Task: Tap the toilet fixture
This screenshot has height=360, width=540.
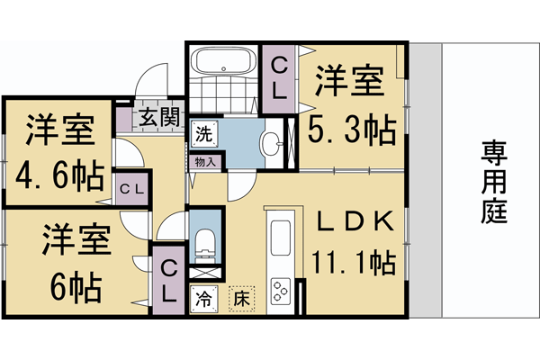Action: click(205, 241)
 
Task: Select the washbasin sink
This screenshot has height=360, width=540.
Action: click(271, 143)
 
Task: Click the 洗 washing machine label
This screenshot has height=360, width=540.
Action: click(204, 136)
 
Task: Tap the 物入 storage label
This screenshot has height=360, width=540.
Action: click(205, 163)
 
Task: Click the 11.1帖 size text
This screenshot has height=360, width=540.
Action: click(352, 263)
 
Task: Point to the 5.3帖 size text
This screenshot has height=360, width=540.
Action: click(352, 132)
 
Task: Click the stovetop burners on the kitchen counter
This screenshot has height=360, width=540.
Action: click(280, 292)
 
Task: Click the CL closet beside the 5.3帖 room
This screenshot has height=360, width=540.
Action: click(279, 78)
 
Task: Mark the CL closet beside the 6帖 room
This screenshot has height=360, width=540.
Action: click(168, 279)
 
